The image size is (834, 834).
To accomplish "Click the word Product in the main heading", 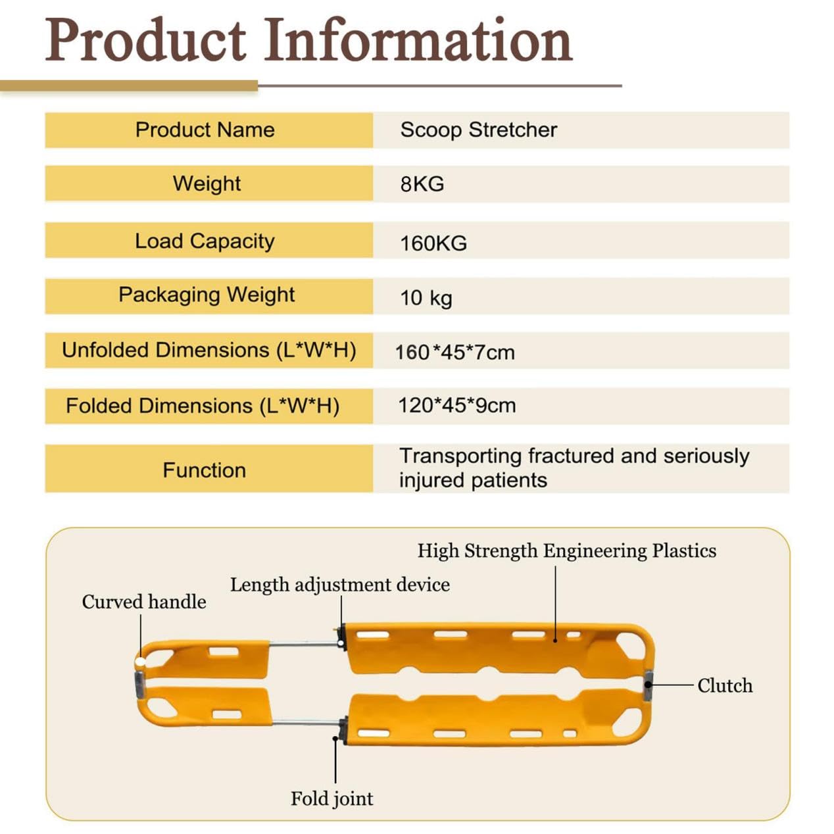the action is (145, 40).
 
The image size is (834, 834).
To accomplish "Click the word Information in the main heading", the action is (418, 40).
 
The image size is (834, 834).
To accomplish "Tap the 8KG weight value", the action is (422, 184).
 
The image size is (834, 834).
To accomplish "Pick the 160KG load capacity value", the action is (433, 243).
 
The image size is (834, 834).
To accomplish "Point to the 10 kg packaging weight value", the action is (426, 298).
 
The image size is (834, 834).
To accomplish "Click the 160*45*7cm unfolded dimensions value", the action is (455, 353).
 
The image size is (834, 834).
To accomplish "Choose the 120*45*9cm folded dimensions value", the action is (456, 406).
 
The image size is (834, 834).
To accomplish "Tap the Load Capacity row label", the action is (205, 241).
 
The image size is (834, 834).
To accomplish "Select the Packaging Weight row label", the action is (207, 295).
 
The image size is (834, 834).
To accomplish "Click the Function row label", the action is (205, 470).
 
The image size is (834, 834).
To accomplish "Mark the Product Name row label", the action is (205, 130).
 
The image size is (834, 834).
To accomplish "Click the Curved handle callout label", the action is (144, 602).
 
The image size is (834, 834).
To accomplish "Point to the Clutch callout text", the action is (725, 685).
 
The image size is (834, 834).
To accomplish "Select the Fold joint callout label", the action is (331, 798).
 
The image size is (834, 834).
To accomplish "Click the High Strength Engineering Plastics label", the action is (566, 551).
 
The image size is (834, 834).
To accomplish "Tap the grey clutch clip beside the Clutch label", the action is (648, 685).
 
